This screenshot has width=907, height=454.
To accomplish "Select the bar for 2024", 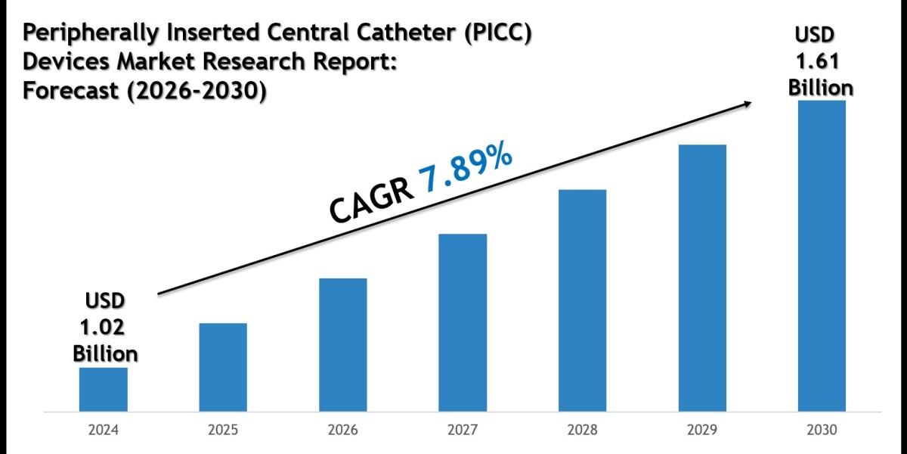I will [x=103, y=390].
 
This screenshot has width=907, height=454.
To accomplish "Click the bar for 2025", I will [x=223, y=368].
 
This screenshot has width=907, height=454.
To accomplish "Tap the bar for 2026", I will [x=342, y=345].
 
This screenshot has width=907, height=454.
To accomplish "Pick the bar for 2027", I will [x=463, y=323].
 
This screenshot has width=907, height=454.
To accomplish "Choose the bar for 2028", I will [x=582, y=300].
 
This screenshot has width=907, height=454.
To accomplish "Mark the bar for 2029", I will [x=702, y=278].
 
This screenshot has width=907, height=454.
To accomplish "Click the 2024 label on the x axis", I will [x=103, y=431].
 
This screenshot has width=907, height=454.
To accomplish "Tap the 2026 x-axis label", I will [x=342, y=431].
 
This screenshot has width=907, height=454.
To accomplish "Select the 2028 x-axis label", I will [x=582, y=431].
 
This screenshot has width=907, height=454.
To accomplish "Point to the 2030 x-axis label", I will [x=822, y=431].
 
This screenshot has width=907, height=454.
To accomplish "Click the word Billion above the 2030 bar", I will [x=822, y=87].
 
